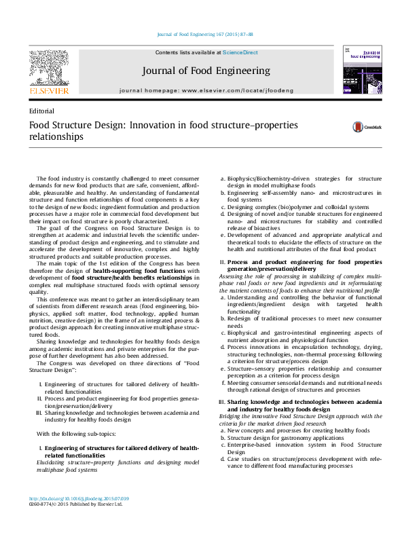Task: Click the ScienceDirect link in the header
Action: (240, 52)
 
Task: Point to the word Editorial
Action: (41, 111)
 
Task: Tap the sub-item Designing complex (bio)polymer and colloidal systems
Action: (298, 207)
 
